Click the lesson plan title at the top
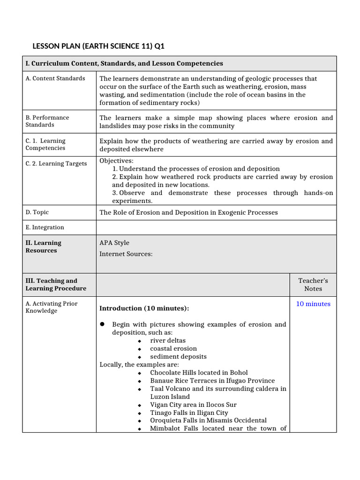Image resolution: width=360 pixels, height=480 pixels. point(98,46)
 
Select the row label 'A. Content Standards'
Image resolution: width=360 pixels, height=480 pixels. point(55,78)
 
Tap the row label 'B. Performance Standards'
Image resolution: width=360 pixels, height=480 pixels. point(47,121)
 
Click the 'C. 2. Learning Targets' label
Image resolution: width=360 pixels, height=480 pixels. point(56,164)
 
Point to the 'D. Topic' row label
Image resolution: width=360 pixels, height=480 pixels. point(37,212)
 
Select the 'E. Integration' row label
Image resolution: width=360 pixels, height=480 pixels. point(45,227)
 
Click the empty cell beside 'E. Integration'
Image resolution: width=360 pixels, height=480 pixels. point(216,227)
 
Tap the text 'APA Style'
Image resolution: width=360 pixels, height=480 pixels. point(114,243)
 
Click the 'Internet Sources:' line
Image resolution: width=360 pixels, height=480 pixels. point(126,254)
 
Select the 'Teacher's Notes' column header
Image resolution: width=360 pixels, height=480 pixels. point(313,285)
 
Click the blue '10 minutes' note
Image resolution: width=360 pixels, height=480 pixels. point(313,304)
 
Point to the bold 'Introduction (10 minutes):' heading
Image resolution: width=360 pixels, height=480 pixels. point(144,308)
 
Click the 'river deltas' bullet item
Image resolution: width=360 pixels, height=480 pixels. point(167,341)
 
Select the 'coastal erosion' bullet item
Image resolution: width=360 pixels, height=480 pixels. point(173,349)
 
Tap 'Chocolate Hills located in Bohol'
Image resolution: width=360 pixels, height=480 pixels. point(199,373)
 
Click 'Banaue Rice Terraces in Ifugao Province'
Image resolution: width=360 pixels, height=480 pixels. point(212,381)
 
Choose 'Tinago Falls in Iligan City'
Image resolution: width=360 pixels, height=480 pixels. point(189,412)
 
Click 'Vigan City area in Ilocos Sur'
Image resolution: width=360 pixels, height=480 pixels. point(193,405)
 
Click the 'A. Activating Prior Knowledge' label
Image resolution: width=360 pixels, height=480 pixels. point(52,307)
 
